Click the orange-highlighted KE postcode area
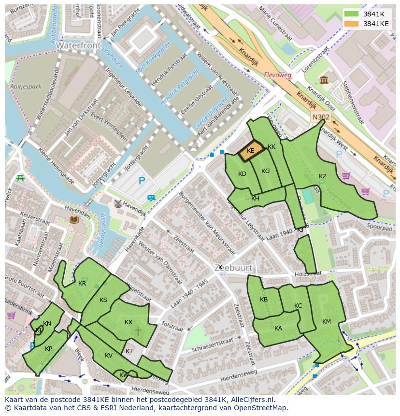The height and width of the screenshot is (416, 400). [x=251, y=150]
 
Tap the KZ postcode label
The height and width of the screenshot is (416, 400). [x=323, y=176]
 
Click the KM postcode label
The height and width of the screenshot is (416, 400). [x=327, y=322]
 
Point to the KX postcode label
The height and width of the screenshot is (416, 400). [x=129, y=322]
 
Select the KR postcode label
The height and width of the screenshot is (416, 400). [x=82, y=284]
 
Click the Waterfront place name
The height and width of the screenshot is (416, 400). [x=78, y=45]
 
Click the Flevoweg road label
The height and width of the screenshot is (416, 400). [x=278, y=75]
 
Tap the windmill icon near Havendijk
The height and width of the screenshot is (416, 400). [x=116, y=204]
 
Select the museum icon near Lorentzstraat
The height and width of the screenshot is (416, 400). [x=324, y=80]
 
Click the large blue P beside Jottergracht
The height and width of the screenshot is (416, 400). [x=142, y=181]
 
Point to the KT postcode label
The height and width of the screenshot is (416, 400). [x=129, y=351]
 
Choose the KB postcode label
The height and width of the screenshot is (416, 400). [x=264, y=300]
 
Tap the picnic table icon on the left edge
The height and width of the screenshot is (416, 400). [x=20, y=178]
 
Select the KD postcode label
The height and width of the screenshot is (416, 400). [x=243, y=174]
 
